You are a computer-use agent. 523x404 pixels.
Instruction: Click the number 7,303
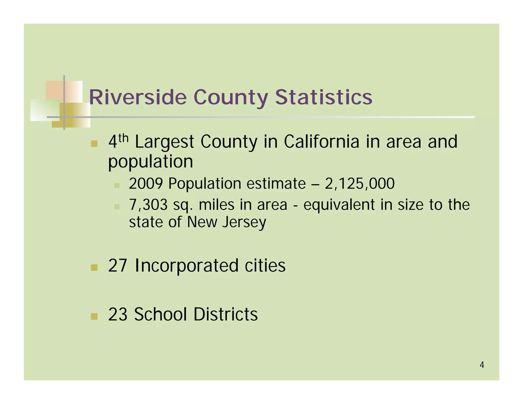148,205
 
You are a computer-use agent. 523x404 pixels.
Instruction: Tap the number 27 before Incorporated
118,266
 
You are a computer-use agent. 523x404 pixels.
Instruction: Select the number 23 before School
118,314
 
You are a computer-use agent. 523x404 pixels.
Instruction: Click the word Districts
225,314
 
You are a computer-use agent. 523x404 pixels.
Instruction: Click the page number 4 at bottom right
482,365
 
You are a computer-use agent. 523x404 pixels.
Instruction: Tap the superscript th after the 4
123,138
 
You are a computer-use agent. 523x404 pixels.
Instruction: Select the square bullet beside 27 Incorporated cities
94,267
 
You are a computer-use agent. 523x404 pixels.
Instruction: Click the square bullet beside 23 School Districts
94,316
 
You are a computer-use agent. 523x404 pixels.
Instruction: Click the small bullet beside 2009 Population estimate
117,185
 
